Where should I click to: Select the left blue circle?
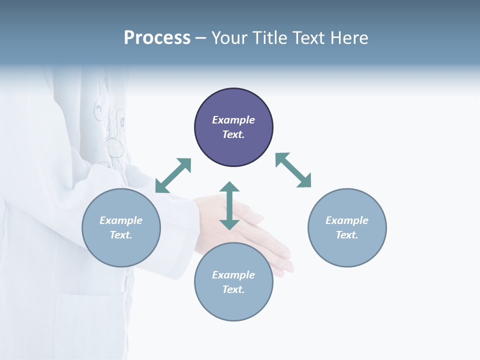121,227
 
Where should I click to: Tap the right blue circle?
347,227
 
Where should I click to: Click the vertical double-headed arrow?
229,205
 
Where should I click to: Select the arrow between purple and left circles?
173,175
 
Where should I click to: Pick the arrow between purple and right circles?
293,170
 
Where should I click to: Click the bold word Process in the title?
157,38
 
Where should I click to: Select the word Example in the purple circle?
233,120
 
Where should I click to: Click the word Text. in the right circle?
347,235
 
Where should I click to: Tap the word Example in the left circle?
121,220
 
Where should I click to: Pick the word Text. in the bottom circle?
233,289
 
